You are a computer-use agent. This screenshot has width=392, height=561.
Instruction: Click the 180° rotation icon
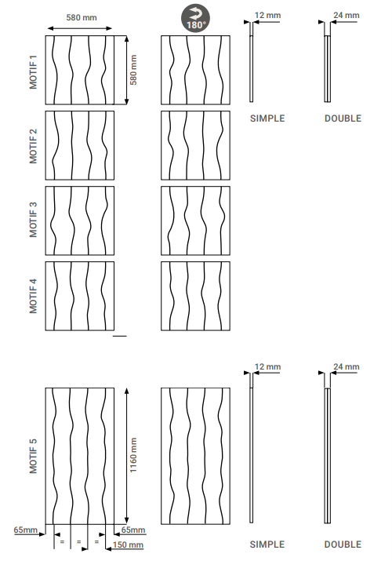click(x=195, y=18)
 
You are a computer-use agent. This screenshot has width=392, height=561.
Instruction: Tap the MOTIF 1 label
click(x=33, y=72)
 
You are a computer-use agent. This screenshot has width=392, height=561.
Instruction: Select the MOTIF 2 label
click(x=33, y=147)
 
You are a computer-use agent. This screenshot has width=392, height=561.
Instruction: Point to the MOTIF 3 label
click(x=33, y=220)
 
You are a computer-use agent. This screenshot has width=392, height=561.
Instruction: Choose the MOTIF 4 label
click(x=33, y=296)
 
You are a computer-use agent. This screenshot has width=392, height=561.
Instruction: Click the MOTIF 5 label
click(x=33, y=456)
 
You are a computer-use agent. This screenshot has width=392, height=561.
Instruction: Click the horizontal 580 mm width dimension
click(x=82, y=17)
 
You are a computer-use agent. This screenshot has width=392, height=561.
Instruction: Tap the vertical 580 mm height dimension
click(x=133, y=70)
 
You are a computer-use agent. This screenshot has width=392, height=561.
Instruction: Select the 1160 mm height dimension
click(x=133, y=455)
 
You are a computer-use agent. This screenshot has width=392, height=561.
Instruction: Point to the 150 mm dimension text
click(x=128, y=545)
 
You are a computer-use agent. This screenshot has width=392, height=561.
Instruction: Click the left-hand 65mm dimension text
click(x=25, y=530)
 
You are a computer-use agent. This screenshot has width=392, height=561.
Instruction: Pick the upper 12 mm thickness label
click(x=267, y=15)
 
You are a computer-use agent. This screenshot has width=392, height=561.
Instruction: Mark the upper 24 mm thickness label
click(x=347, y=15)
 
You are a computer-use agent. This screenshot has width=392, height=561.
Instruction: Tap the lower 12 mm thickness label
click(x=267, y=366)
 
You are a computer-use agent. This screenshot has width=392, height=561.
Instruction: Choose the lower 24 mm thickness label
click(x=347, y=366)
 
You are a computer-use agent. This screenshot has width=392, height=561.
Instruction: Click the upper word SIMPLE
click(x=267, y=118)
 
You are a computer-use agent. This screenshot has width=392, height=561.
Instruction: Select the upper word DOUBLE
click(x=343, y=118)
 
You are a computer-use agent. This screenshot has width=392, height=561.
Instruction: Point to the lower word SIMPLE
click(x=267, y=545)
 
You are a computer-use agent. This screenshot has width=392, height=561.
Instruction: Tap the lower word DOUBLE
click(x=343, y=545)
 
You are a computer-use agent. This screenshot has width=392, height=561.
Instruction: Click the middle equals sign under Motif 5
click(x=79, y=542)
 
